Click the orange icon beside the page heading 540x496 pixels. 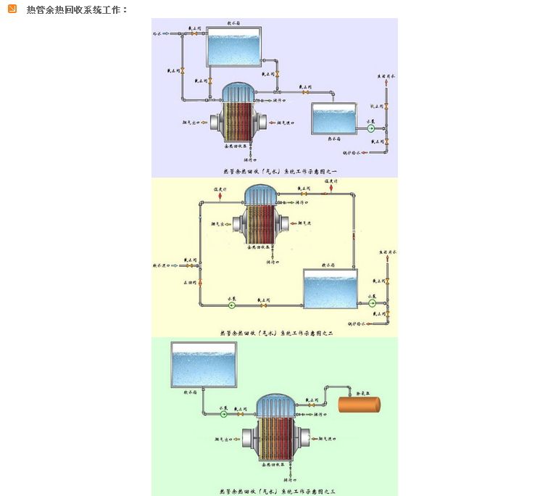pos(12,9)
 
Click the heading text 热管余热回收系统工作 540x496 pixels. pos(77,9)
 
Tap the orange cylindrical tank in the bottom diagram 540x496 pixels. pos(361,405)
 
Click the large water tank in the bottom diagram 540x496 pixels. pos(204,365)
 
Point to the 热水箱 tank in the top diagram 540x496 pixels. pos(334,118)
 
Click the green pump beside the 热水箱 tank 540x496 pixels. pos(370,128)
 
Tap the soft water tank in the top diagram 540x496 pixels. pos(234,49)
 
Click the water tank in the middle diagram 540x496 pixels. pos(331,288)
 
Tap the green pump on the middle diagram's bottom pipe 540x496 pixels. pos(232,305)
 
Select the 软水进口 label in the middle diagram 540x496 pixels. pos(164,266)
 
